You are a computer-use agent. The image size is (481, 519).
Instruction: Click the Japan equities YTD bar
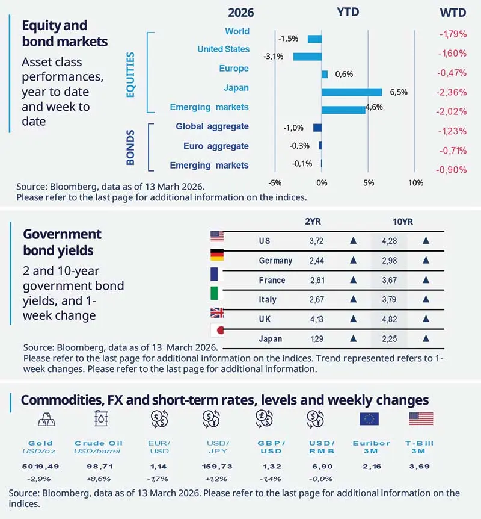tap(352, 92)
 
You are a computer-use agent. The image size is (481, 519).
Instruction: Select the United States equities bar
tap(307, 57)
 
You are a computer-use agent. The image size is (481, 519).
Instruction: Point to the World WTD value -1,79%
tap(453, 34)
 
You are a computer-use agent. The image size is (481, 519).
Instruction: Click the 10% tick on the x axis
tap(414, 182)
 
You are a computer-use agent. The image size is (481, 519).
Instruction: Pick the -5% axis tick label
tap(274, 182)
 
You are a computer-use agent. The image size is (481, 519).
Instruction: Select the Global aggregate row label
tap(212, 127)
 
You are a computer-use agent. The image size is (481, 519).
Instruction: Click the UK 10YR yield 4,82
tap(390, 319)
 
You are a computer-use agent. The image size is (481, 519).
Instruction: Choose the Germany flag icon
tap(216, 255)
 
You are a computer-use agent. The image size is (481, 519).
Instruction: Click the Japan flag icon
tap(216, 331)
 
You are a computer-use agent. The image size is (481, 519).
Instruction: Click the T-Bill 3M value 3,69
tap(421, 467)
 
